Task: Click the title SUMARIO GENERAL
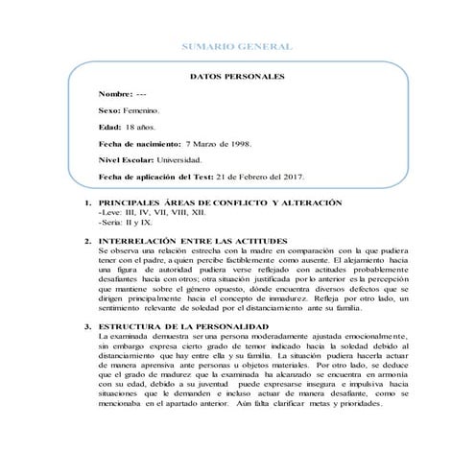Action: (x=237, y=47)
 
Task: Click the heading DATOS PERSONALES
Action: (x=237, y=77)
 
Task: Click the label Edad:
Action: (x=109, y=127)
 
